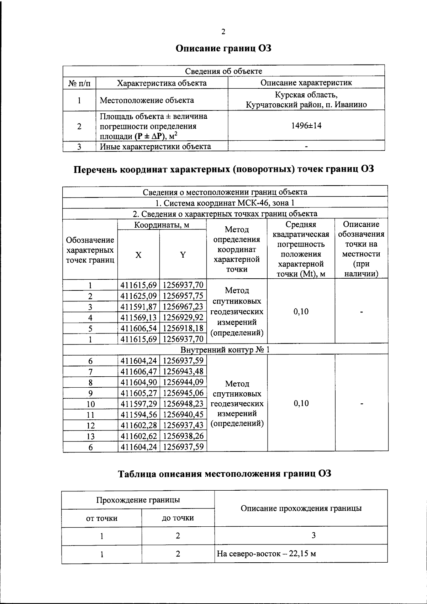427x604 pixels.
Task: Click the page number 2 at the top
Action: pyautogui.click(x=223, y=32)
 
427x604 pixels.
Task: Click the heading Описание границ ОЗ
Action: pyautogui.click(x=223, y=48)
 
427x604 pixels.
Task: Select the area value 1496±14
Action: pyautogui.click(x=306, y=125)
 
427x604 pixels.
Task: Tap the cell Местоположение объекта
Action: pyautogui.click(x=147, y=100)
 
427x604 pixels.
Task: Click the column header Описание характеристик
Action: pyautogui.click(x=306, y=83)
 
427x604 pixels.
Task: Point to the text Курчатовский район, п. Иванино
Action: pyautogui.click(x=306, y=105)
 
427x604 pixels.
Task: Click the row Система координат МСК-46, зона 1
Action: pyautogui.click(x=225, y=203)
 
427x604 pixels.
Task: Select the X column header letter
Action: pyautogui.click(x=138, y=255)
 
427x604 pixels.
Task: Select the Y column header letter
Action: pyautogui.click(x=183, y=255)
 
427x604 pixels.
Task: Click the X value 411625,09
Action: pyautogui.click(x=139, y=296)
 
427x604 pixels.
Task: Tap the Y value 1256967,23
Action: pyautogui.click(x=183, y=306)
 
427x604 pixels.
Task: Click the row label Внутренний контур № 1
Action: pyautogui.click(x=225, y=350)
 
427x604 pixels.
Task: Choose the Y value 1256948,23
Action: pyautogui.click(x=183, y=403)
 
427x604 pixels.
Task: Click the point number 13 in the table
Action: pyautogui.click(x=90, y=436)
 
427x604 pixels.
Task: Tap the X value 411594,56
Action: pyautogui.click(x=139, y=414)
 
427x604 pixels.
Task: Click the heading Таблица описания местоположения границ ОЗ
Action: pyautogui.click(x=225, y=474)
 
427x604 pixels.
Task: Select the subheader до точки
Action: pyautogui.click(x=178, y=518)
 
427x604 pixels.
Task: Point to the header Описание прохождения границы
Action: pyautogui.click(x=301, y=508)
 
